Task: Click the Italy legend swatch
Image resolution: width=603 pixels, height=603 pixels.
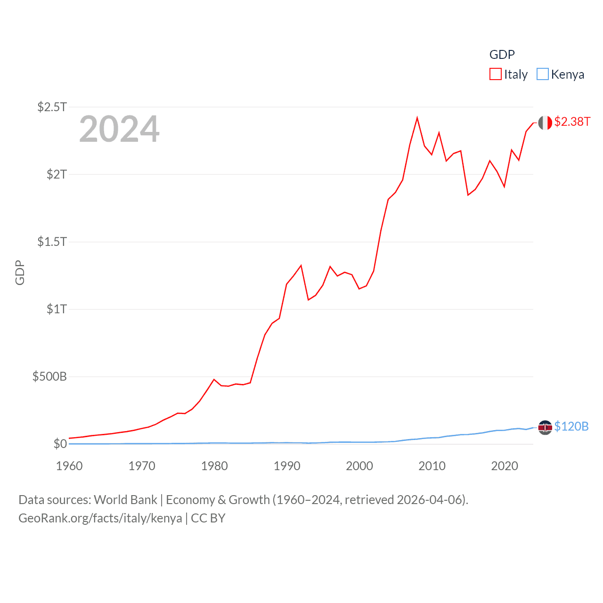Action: coord(496,74)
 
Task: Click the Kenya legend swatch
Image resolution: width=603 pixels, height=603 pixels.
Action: coord(543,74)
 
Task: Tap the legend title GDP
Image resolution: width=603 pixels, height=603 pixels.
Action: coord(502,55)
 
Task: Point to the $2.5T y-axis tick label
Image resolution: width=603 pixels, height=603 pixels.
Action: coord(52,107)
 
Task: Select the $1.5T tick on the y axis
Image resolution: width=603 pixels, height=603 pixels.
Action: coord(52,242)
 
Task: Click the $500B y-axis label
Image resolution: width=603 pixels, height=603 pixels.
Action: coord(49,376)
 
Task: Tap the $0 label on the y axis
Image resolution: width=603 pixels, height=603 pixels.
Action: coord(60,444)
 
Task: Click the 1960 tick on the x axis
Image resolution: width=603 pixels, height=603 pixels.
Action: coord(69,466)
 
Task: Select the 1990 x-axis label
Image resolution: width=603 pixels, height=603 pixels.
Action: coord(287,466)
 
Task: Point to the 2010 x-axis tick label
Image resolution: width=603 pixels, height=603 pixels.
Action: coord(432,466)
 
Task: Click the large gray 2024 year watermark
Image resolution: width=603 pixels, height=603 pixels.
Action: coord(119,129)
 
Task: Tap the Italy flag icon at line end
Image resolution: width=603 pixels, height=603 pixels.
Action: coord(545,123)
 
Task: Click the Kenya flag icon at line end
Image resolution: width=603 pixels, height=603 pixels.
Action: coord(545,427)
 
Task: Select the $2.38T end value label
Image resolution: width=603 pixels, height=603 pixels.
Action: coord(572,122)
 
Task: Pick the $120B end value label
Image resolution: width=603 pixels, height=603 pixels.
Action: coord(571,426)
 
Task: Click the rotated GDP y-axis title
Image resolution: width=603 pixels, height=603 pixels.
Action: coord(20,272)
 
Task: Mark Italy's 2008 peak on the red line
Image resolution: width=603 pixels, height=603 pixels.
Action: coord(417,118)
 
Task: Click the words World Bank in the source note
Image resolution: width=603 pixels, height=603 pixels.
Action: coord(125,500)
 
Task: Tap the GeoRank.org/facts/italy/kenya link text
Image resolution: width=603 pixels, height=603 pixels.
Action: coord(100,518)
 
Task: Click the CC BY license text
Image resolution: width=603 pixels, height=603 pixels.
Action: coord(208,518)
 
